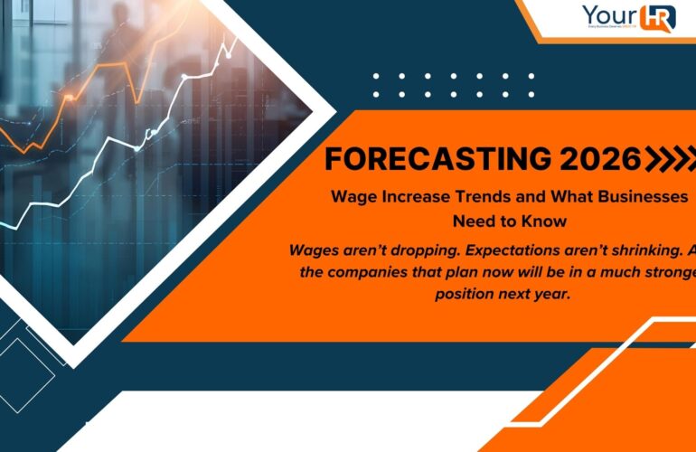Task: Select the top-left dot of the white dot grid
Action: (376, 77)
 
